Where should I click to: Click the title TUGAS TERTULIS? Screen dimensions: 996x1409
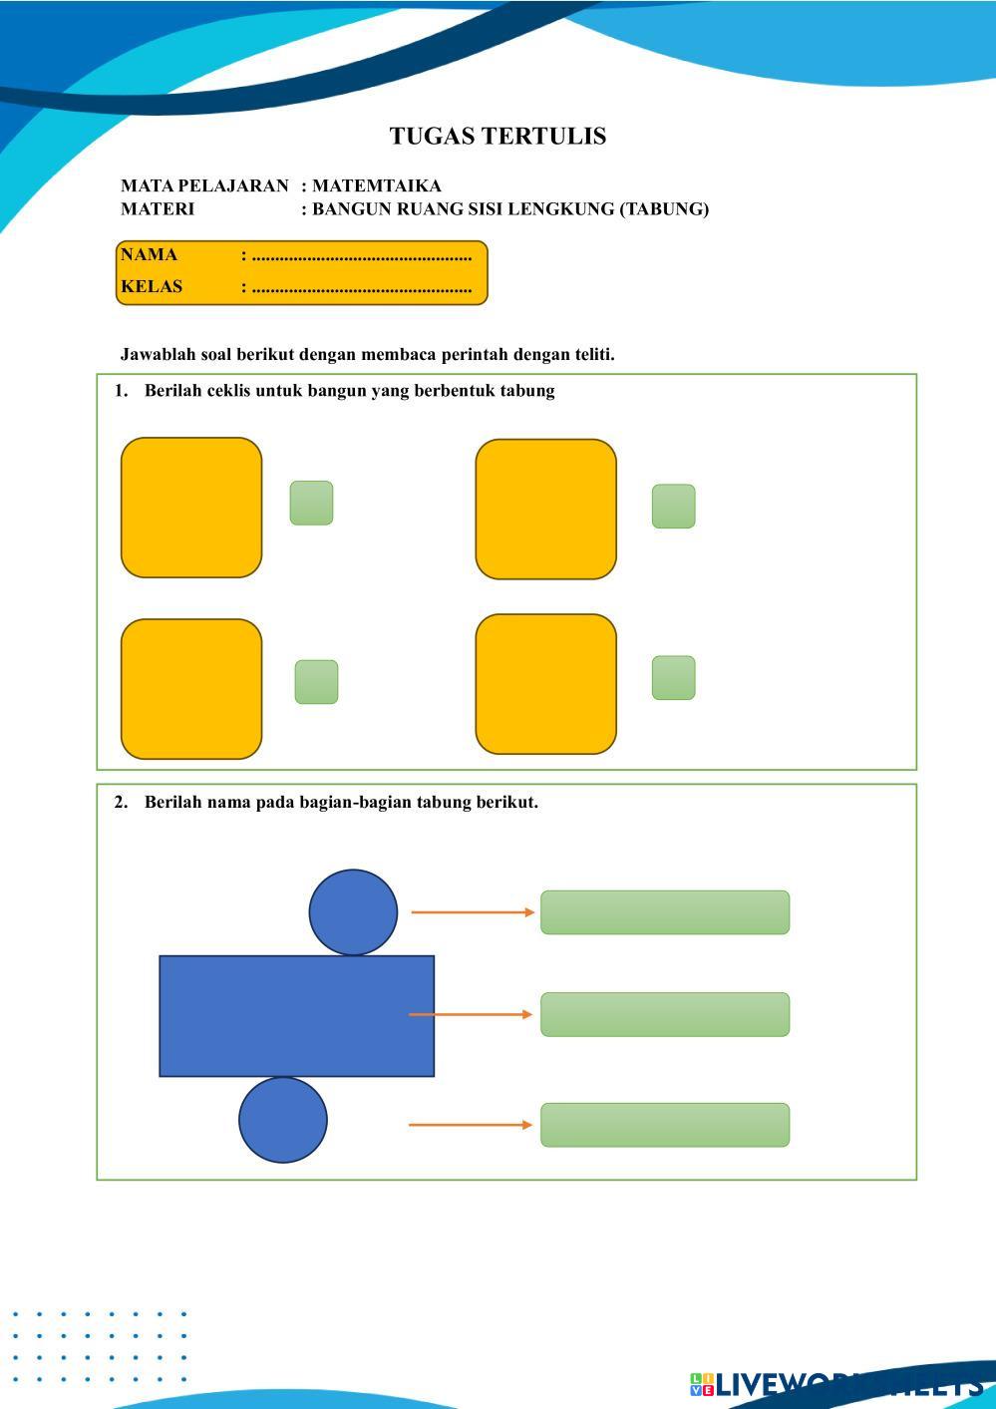pos(498,137)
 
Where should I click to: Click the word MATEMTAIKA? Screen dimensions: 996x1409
pos(376,185)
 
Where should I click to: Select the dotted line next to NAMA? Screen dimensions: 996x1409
pos(361,256)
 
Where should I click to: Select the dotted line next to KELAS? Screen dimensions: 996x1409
pos(361,288)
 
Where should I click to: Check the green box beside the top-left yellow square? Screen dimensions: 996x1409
pos(311,503)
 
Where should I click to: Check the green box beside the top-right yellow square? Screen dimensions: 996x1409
pos(673,507)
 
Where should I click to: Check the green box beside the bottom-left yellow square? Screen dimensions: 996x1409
pos(316,682)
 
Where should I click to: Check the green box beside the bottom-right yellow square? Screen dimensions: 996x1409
pos(673,678)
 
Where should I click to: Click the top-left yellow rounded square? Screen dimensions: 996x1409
pos(191,508)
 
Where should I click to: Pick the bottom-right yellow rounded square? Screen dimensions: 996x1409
pos(545,684)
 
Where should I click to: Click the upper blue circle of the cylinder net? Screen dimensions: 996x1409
pos(353,912)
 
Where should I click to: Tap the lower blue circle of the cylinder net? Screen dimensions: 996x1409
pos(283,1120)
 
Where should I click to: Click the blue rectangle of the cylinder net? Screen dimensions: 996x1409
pos(296,1016)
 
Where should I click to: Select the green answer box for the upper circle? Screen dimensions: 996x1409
pos(665,912)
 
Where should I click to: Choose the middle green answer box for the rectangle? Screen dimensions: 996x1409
pos(665,1014)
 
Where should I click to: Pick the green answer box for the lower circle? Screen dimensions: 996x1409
pos(665,1125)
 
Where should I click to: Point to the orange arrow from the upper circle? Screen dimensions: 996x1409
pos(473,912)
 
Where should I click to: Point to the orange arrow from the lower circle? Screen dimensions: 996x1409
pos(471,1125)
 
